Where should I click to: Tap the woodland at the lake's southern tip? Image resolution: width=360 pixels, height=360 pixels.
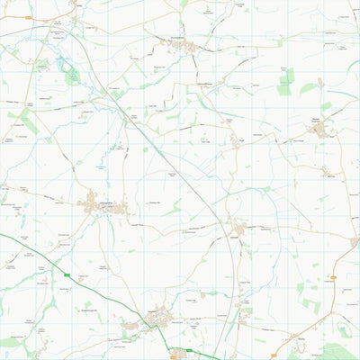click(71, 78)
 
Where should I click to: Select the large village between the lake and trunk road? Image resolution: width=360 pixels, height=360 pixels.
click(99, 205)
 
